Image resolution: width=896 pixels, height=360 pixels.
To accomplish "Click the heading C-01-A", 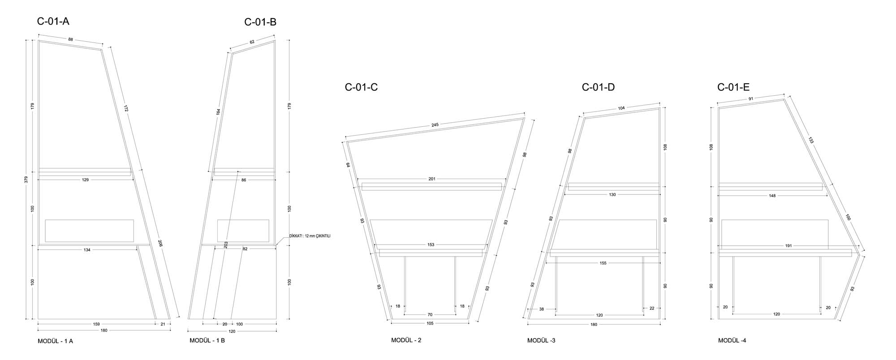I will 53,21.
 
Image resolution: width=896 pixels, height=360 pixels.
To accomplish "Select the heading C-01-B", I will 260,22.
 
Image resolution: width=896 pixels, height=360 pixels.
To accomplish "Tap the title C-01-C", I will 361,87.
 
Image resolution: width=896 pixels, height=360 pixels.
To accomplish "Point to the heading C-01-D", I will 598,87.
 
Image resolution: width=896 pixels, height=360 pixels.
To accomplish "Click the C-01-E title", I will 733,87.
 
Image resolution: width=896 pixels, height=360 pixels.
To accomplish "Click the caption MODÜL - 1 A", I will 56,341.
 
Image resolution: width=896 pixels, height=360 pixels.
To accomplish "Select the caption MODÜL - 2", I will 406,340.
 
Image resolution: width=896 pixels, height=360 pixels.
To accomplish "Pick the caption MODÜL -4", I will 732,340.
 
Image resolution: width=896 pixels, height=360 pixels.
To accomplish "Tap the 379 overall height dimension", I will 26,180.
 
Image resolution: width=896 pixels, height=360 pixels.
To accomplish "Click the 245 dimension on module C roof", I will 435,125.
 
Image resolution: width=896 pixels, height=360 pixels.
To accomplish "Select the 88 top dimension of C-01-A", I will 71,39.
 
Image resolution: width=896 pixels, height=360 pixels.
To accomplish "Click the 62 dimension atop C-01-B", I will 252,42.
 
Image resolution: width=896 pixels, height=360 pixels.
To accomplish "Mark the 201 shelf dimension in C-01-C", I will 432,179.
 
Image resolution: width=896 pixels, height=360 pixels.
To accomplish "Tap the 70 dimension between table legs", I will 430,315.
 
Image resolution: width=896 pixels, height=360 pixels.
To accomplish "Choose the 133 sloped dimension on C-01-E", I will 811,140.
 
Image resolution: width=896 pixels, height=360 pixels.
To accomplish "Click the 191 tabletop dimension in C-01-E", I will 788,246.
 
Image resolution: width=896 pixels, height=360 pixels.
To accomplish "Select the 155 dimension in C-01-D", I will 603,263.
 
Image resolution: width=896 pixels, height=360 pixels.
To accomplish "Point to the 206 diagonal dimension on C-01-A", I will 160,243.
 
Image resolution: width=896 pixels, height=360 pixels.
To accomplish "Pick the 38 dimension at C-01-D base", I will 541,309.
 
